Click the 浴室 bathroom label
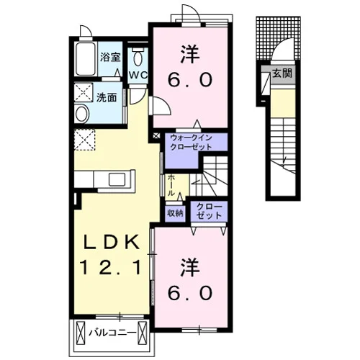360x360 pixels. tap(110, 57)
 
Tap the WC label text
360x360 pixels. tap(138, 76)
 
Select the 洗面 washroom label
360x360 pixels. tap(107, 97)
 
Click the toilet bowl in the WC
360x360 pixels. tap(138, 58)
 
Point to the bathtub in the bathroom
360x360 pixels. tap(86, 59)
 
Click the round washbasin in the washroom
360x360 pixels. tap(81, 114)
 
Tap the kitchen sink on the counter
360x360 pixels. tap(117, 179)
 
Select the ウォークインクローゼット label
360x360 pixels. tap(192, 143)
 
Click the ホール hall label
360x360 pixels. tap(171, 185)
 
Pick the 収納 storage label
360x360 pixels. tap(175, 213)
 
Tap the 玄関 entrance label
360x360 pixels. tap(282, 73)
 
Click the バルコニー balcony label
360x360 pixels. tap(112, 333)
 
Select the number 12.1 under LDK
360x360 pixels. tap(111, 268)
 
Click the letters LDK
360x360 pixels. tap(112, 242)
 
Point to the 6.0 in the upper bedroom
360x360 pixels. tap(190, 80)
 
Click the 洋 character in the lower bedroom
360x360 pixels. tap(190, 267)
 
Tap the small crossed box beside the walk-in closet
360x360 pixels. tap(156, 135)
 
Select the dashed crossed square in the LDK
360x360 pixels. tap(84, 140)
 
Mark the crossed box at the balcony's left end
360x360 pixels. tap(81, 333)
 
